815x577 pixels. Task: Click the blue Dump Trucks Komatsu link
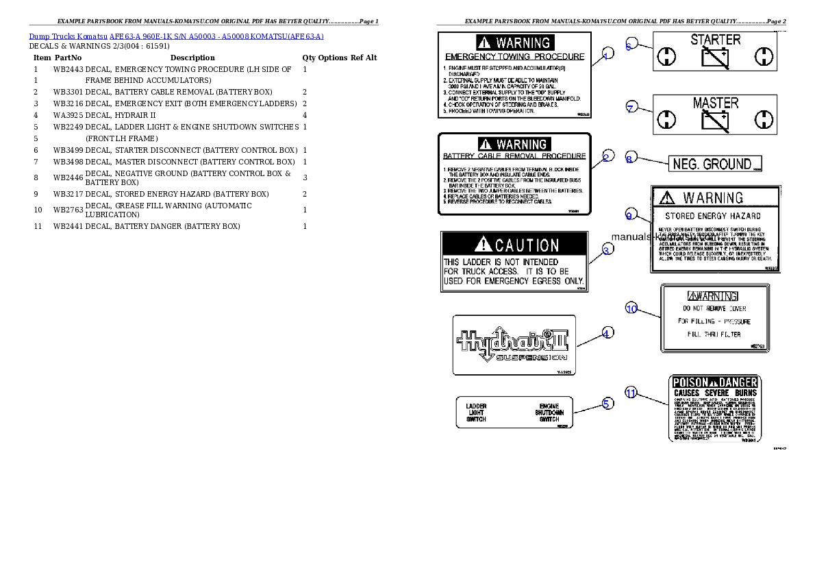pos(176,36)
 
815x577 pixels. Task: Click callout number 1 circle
pos(607,54)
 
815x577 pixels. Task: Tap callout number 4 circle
pos(607,333)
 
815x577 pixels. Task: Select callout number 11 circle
pos(631,393)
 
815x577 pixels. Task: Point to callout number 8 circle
pos(631,157)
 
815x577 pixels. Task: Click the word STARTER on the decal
pos(715,40)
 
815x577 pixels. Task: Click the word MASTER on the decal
pos(715,103)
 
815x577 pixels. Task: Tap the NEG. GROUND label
pos(714,164)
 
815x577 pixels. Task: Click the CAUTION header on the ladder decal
pos(514,245)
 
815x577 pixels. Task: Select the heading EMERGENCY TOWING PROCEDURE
pos(515,57)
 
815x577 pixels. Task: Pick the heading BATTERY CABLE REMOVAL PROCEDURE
pos(514,156)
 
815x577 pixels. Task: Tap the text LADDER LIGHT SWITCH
pos(476,413)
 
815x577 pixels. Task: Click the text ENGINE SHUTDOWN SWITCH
pos(549,413)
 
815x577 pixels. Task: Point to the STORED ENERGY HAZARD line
pos(713,216)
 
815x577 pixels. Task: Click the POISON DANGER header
pos(714,382)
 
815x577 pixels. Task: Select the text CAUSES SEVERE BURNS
pos(714,393)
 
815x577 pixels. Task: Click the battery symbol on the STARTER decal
pos(715,57)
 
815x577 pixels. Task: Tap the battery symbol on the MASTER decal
pos(715,121)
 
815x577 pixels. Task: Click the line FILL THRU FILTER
pos(714,334)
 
